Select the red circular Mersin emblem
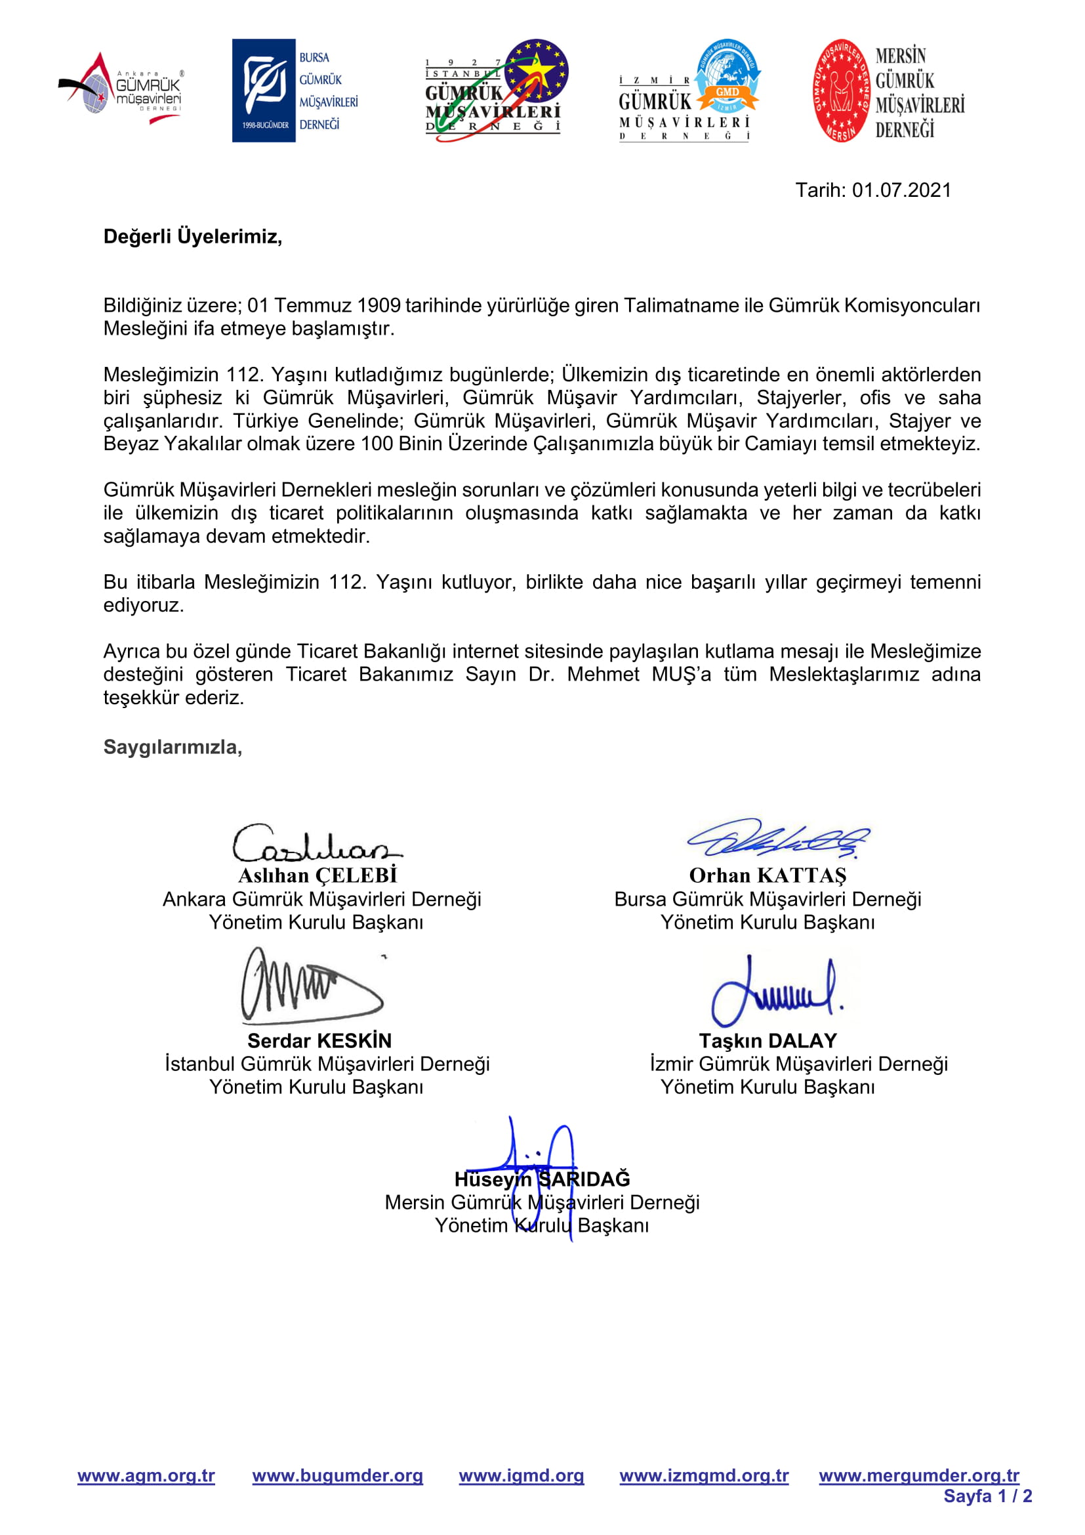[841, 91]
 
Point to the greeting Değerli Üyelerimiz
[192, 237]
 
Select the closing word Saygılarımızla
[173, 747]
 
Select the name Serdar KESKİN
[319, 1041]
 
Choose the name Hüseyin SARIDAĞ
[542, 1179]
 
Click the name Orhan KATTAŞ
[768, 876]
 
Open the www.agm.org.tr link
[146, 1475]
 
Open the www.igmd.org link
[521, 1475]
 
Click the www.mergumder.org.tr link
[918, 1475]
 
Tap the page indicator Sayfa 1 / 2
[987, 1496]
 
